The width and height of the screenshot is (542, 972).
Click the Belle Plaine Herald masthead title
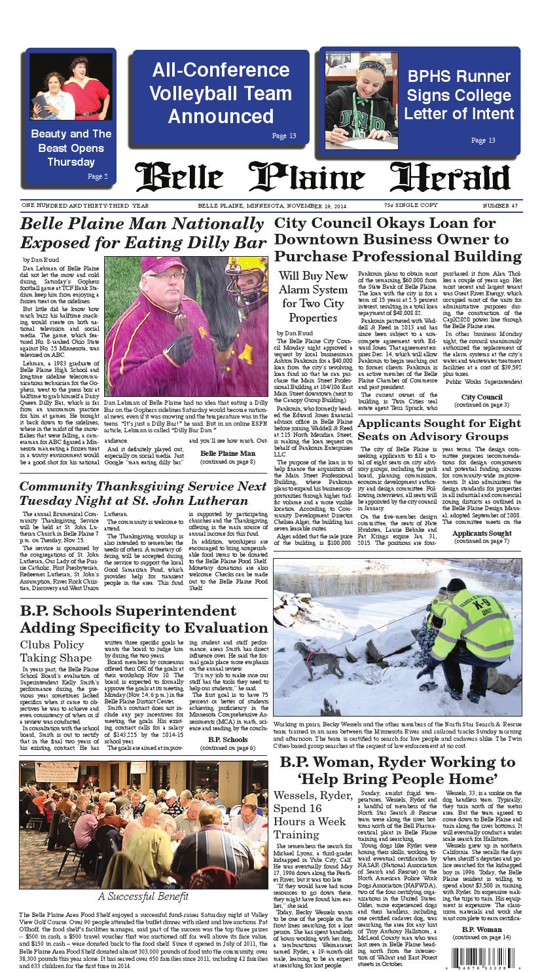coord(323,178)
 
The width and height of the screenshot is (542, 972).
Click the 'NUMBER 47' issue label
coord(501,206)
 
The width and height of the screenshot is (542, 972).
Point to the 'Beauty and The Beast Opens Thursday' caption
coord(71,148)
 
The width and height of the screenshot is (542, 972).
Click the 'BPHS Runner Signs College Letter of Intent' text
coord(459,95)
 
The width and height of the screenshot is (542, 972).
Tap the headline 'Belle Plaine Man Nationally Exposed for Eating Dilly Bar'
coord(143,233)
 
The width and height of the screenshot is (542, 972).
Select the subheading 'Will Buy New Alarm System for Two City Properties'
coord(314,297)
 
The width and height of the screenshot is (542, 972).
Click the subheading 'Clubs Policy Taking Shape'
coord(56,651)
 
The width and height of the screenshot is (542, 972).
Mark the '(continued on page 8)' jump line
coord(228,462)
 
